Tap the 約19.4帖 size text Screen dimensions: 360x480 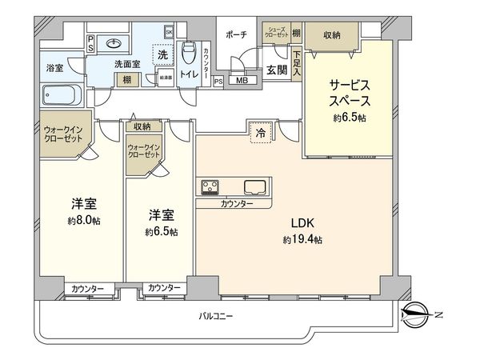pos(302,240)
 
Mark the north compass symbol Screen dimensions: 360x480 pos(418,311)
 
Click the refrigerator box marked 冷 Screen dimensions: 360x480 pos(261,134)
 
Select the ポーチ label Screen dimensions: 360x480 pos(236,33)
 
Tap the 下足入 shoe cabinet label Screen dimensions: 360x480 pos(297,65)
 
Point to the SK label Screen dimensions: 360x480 pos(169,32)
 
